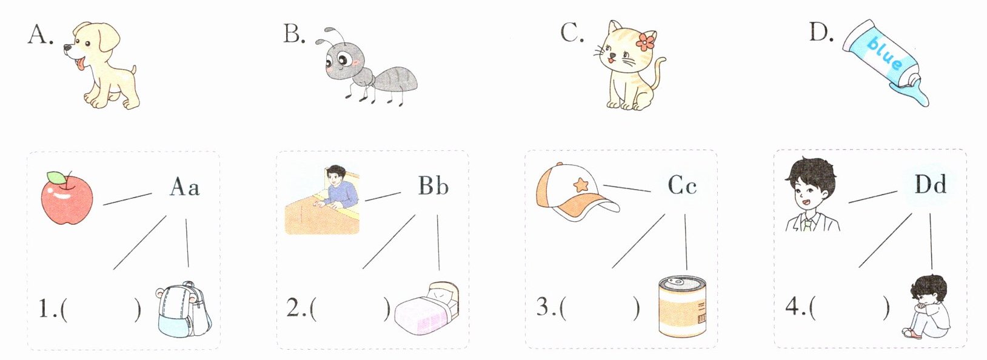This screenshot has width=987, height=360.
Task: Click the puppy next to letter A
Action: coord(101,66)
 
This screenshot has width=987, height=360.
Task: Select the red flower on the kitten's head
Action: coord(646,41)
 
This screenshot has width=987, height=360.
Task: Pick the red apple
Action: coord(67,198)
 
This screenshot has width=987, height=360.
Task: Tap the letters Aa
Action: coord(185,187)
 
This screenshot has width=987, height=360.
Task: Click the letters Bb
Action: coord(433,186)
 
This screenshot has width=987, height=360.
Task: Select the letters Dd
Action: coord(930,184)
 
